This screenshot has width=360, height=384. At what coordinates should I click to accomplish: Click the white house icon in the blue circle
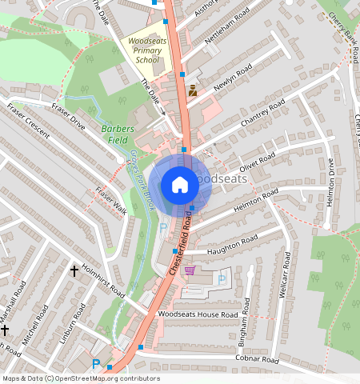point(180,185)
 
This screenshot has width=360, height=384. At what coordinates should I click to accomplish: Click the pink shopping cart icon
point(190,270)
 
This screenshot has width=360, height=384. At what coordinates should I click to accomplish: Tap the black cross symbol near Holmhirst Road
point(74,271)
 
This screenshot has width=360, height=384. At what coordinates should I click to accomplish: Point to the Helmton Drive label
point(330,183)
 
